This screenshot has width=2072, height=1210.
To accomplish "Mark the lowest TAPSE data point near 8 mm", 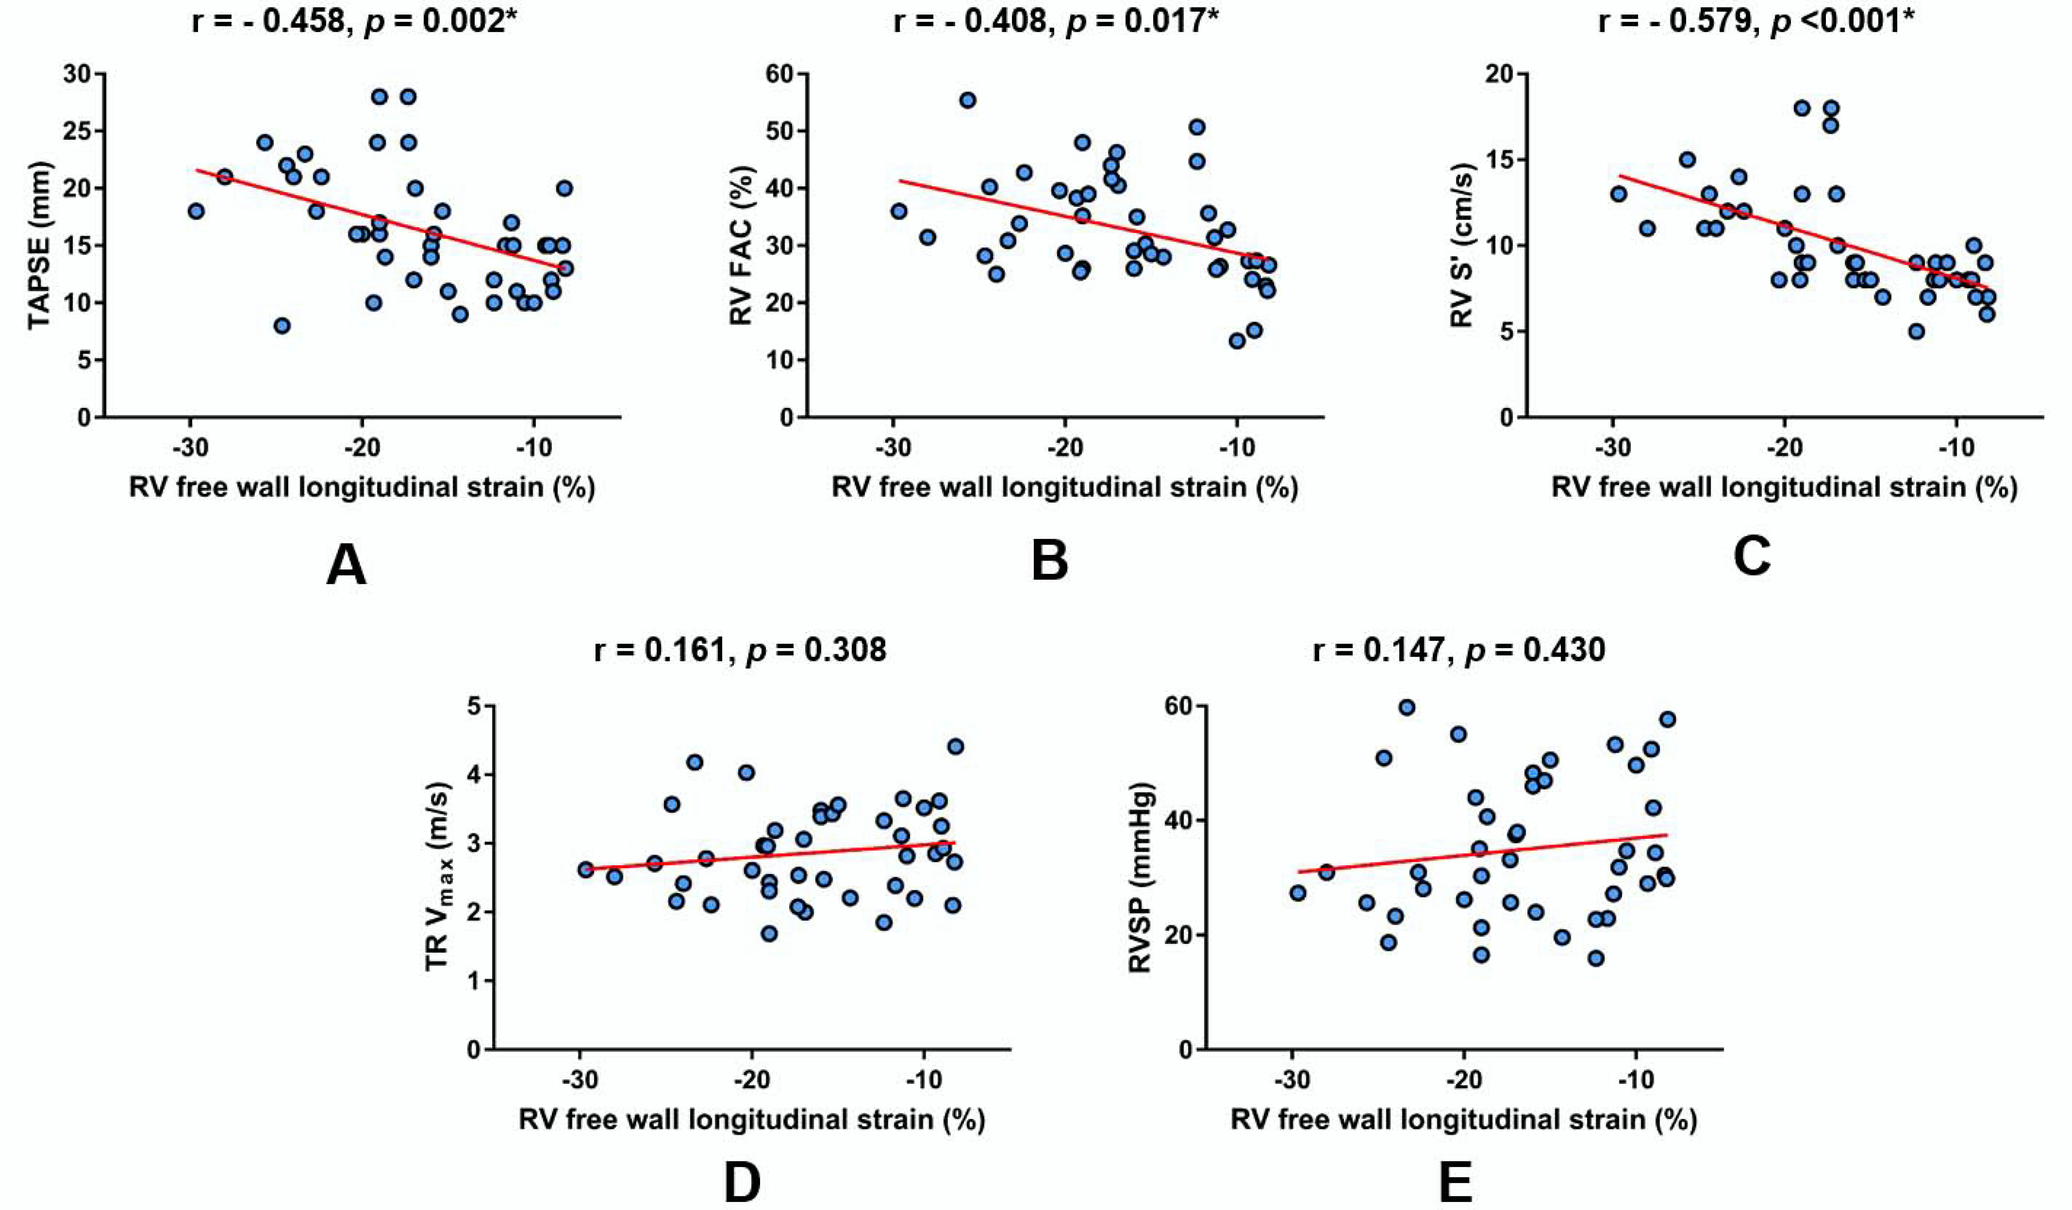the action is [x=282, y=325].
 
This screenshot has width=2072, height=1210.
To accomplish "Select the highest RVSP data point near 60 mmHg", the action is [x=1407, y=707].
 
